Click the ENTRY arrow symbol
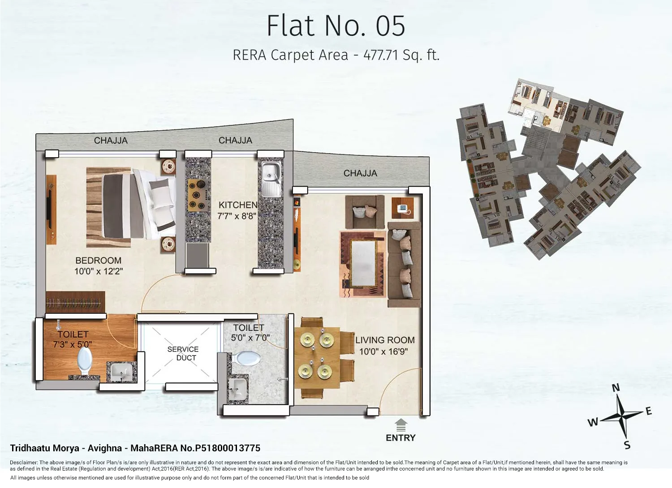tap(401, 424)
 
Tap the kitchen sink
tap(271, 179)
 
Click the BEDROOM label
tap(98, 261)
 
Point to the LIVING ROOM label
tap(385, 340)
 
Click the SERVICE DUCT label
tap(183, 353)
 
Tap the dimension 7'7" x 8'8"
tap(237, 216)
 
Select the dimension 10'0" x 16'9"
tap(383, 352)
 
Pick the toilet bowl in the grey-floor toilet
tap(247, 358)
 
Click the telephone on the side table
tap(402, 209)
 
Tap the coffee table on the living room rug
tap(362, 263)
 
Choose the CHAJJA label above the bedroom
tap(111, 141)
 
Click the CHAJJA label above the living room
tap(360, 173)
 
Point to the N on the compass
tap(616, 388)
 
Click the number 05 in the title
tap(390, 26)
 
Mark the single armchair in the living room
tap(364, 211)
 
